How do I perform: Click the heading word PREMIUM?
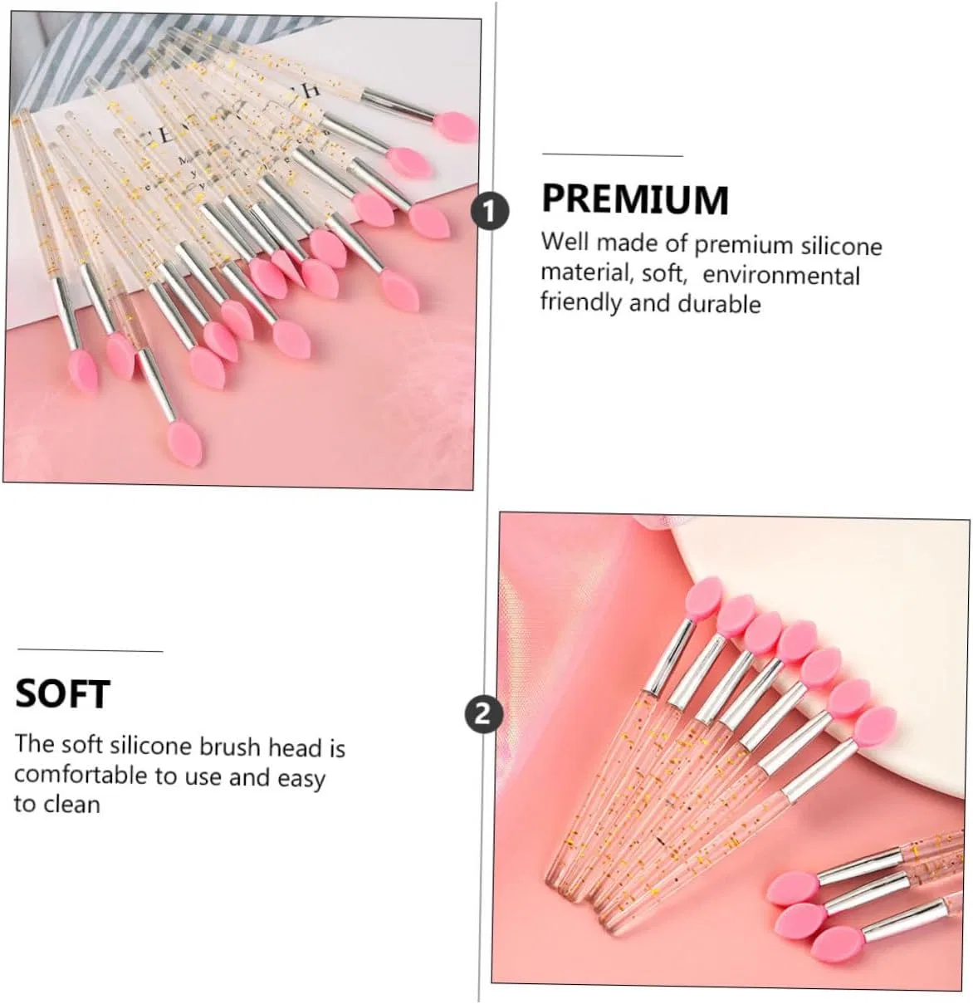[x=635, y=199]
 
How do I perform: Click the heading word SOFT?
[x=63, y=693]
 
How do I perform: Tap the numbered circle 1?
[x=490, y=212]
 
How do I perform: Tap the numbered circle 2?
[x=483, y=715]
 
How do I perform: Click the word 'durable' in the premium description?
[x=719, y=304]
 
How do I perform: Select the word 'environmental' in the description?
[x=781, y=275]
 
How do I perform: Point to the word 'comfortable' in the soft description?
[x=81, y=776]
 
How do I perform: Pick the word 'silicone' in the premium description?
[x=842, y=247]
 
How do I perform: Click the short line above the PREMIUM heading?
[x=613, y=154]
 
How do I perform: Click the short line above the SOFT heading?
[x=90, y=650]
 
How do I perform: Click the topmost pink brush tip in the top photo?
[x=454, y=127]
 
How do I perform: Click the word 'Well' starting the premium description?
[x=565, y=242]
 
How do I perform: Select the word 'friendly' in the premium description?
[x=581, y=301]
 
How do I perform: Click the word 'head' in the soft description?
[x=295, y=748]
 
